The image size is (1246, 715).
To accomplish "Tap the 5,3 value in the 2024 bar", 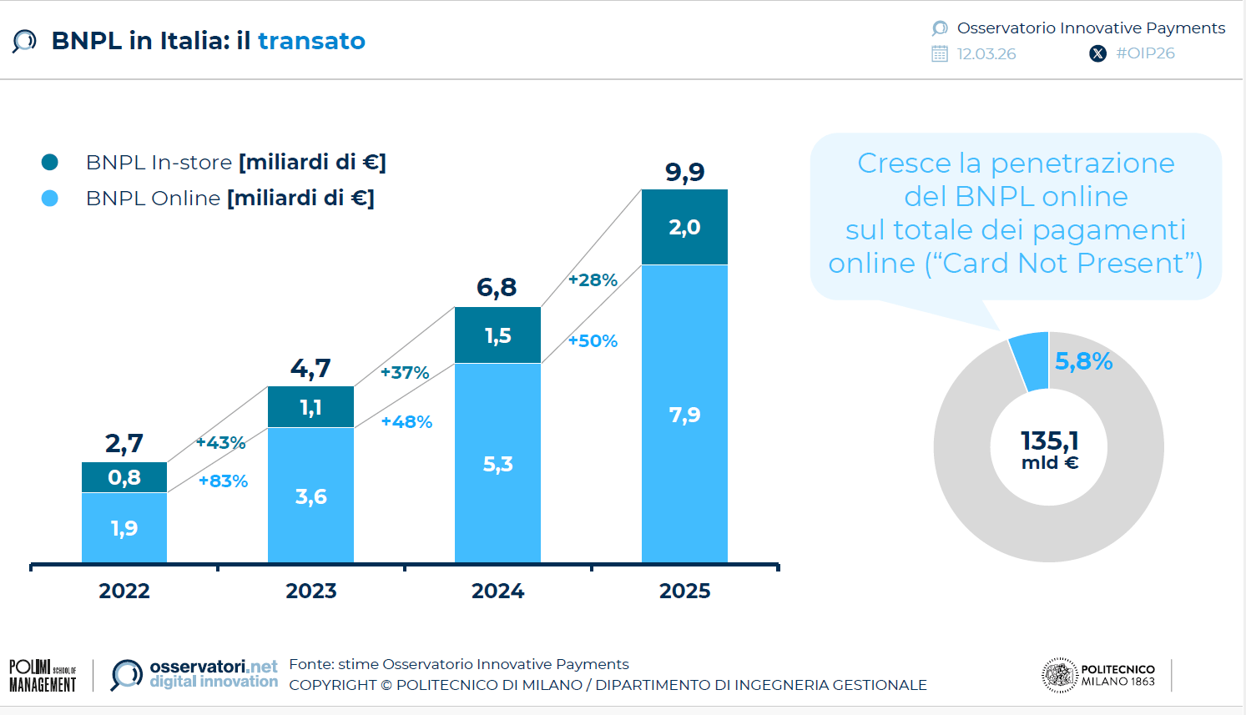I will (498, 465).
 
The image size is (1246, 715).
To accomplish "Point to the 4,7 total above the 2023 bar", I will (310, 368).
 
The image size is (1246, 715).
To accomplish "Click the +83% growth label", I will (223, 481).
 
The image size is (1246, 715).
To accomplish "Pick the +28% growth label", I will (593, 280).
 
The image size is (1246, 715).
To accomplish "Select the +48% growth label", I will (406, 422).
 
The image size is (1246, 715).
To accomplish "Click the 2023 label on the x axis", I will (311, 591).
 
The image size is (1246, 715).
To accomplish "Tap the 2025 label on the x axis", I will (685, 591).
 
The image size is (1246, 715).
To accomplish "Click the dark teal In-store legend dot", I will (50, 162).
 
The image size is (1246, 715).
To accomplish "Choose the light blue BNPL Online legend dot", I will (50, 198).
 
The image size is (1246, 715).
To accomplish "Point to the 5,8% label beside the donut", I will (1083, 361).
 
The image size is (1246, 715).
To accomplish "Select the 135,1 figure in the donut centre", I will (1049, 441).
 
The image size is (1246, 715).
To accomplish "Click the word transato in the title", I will (311, 41).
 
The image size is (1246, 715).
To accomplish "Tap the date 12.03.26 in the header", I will (986, 54).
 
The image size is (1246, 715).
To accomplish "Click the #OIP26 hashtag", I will (1145, 53).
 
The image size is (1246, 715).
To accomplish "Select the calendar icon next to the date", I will (940, 54).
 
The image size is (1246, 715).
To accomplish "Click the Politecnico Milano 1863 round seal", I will (1060, 676).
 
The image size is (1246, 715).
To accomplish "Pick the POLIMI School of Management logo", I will (43, 676).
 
